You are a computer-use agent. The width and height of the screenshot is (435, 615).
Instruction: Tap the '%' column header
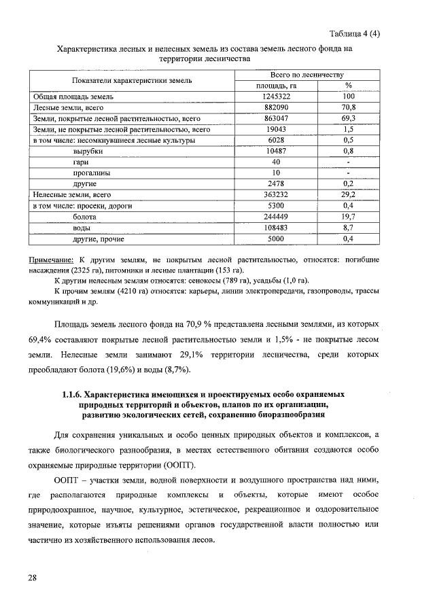(348, 86)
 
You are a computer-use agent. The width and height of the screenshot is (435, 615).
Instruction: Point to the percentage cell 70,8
(348, 108)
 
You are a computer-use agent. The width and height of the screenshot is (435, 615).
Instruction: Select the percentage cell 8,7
(348, 227)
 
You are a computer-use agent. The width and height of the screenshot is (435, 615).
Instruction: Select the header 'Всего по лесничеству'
(307, 75)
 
